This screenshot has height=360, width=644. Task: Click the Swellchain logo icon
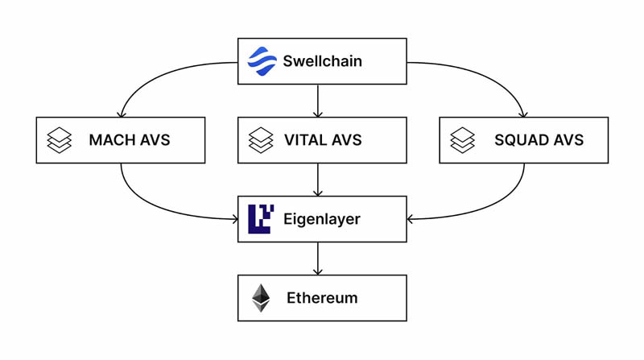(x=262, y=61)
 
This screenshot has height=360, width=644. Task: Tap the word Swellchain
(x=322, y=61)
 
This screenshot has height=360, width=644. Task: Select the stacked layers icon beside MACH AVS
(x=60, y=140)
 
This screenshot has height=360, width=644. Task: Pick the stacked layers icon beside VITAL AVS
(x=261, y=140)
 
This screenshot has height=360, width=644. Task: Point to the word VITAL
(x=307, y=140)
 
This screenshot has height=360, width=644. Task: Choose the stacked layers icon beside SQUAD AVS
(x=462, y=140)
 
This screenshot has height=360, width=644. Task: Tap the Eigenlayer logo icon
(x=261, y=219)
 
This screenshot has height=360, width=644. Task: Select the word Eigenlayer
(x=322, y=219)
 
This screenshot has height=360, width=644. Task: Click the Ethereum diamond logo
(x=261, y=298)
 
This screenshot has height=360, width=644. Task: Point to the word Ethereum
(x=322, y=298)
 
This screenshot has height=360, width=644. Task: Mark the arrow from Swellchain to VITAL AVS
(x=319, y=101)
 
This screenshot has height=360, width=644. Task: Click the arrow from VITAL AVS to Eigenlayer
(x=319, y=180)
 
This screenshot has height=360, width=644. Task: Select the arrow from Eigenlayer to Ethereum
(x=319, y=259)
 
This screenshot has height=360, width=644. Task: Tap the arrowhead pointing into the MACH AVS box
(x=121, y=114)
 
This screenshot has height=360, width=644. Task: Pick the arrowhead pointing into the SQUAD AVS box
(x=524, y=114)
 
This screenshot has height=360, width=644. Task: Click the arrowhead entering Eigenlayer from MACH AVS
(x=233, y=218)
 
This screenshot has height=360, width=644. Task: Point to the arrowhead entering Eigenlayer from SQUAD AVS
(x=411, y=218)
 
